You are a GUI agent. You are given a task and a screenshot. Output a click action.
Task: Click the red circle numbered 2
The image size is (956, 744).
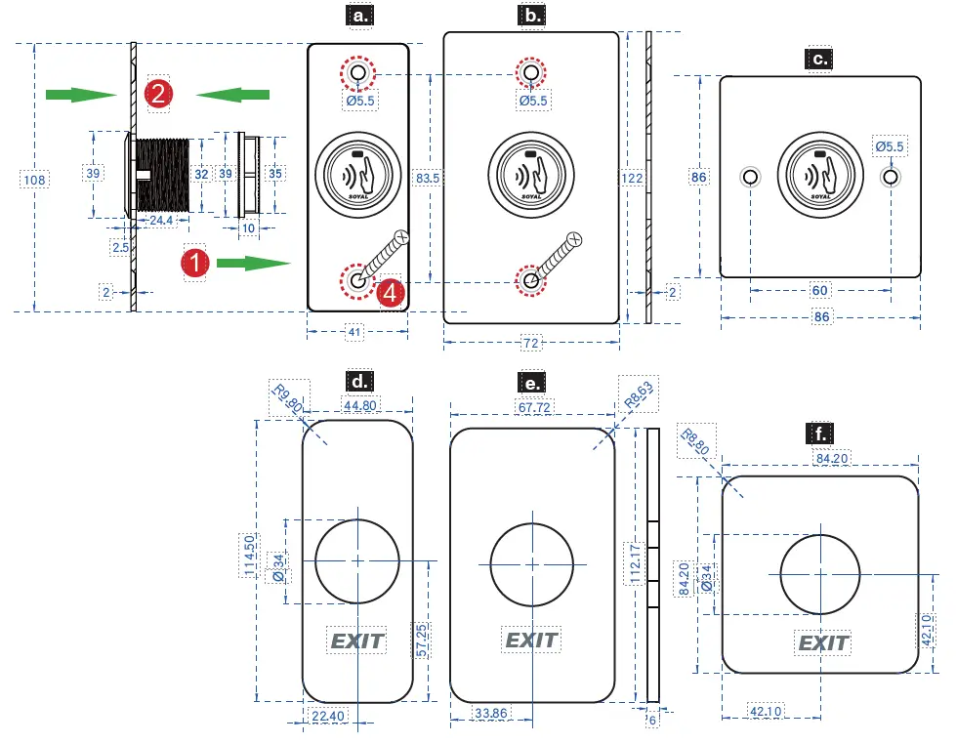[x=159, y=94]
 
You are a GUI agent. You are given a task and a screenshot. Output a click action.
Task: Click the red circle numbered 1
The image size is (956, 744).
[x=196, y=263]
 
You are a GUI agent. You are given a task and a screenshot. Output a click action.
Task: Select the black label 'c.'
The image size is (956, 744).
[x=820, y=59]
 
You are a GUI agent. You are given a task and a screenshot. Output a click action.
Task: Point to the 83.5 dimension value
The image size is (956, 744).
[x=427, y=178]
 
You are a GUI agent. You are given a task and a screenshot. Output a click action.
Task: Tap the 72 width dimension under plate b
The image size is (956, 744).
[x=531, y=343]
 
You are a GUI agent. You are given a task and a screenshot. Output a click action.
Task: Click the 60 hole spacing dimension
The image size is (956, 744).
[x=820, y=290]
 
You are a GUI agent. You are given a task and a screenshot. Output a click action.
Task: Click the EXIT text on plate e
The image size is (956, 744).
[x=531, y=641]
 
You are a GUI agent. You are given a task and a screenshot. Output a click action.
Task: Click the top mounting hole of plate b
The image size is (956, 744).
[x=530, y=73]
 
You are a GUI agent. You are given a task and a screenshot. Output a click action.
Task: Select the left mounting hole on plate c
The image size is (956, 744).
[x=750, y=177]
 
